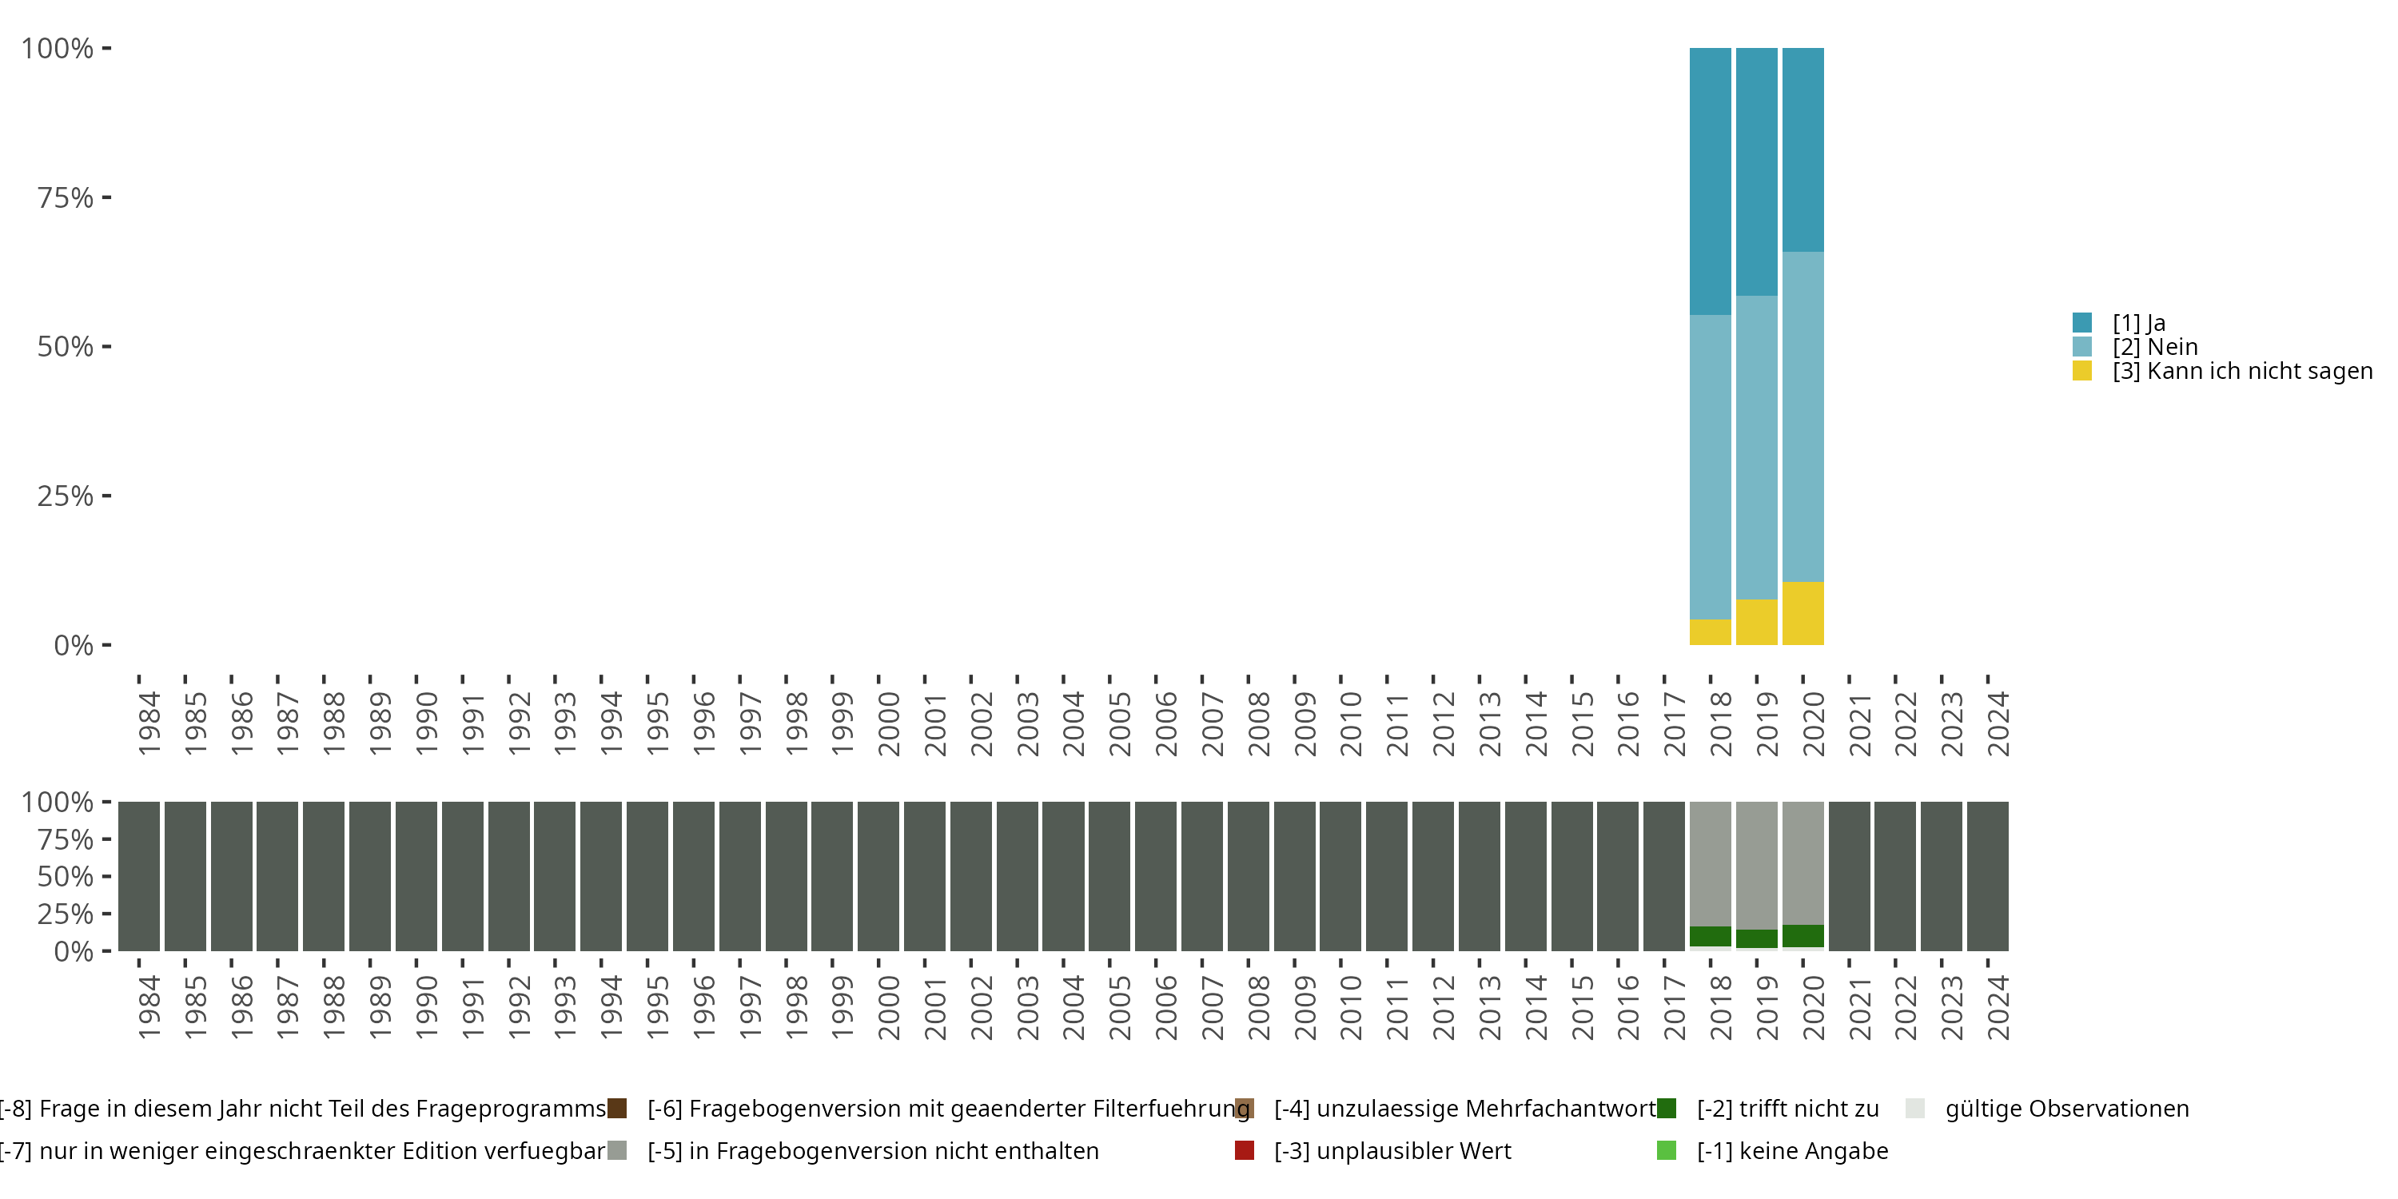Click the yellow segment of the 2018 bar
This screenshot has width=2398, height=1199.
(1710, 632)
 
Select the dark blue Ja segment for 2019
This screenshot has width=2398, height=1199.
(1757, 172)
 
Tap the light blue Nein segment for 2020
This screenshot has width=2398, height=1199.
(1803, 417)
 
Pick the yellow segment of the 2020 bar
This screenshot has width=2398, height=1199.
(1803, 613)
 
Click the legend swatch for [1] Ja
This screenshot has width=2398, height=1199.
(2082, 323)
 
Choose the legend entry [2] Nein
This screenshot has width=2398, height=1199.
(2154, 347)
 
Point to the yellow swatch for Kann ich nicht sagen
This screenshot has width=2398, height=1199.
(2082, 372)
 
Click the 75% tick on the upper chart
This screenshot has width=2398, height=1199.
(66, 197)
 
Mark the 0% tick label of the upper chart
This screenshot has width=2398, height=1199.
(74, 645)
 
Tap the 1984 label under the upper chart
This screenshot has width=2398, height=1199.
(149, 723)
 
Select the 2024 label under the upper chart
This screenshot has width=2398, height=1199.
(1998, 723)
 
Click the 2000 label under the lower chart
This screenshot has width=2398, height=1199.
(888, 1007)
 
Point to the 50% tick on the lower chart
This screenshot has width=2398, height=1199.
(66, 877)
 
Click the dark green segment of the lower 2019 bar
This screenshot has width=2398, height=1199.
(1757, 938)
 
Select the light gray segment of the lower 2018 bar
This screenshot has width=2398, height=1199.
(1710, 864)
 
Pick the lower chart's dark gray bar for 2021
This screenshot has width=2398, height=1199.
(1849, 876)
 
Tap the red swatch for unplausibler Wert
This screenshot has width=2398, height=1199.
(1245, 1150)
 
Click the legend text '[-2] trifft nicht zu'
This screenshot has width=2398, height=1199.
(1787, 1109)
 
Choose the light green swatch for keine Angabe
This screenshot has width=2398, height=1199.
(1667, 1150)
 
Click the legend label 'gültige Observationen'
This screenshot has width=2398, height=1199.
(2066, 1109)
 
